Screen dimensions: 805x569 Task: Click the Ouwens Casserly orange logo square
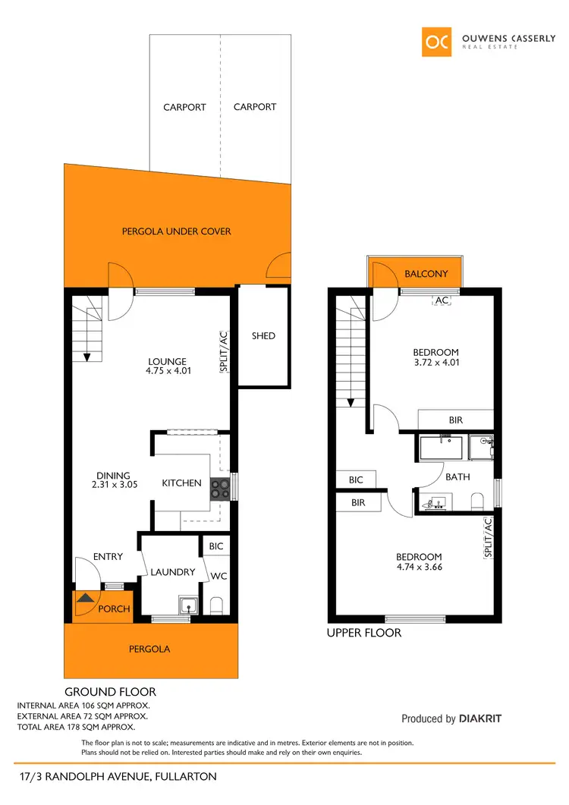tap(437, 42)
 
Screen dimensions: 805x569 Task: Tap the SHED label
tap(263, 336)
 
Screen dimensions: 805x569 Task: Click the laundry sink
tap(187, 606)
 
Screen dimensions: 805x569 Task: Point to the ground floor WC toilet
tap(216, 605)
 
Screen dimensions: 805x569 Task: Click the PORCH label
tap(115, 609)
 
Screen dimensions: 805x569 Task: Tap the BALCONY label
tap(426, 274)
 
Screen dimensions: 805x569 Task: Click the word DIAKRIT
tap(480, 719)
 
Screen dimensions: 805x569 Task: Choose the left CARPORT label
tap(184, 107)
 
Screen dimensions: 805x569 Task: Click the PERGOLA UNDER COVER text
tap(177, 231)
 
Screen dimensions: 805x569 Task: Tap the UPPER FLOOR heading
tap(363, 633)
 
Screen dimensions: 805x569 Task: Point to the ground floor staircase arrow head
tap(87, 356)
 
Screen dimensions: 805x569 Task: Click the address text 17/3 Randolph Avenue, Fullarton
tap(118, 777)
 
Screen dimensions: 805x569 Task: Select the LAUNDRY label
tap(173, 572)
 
